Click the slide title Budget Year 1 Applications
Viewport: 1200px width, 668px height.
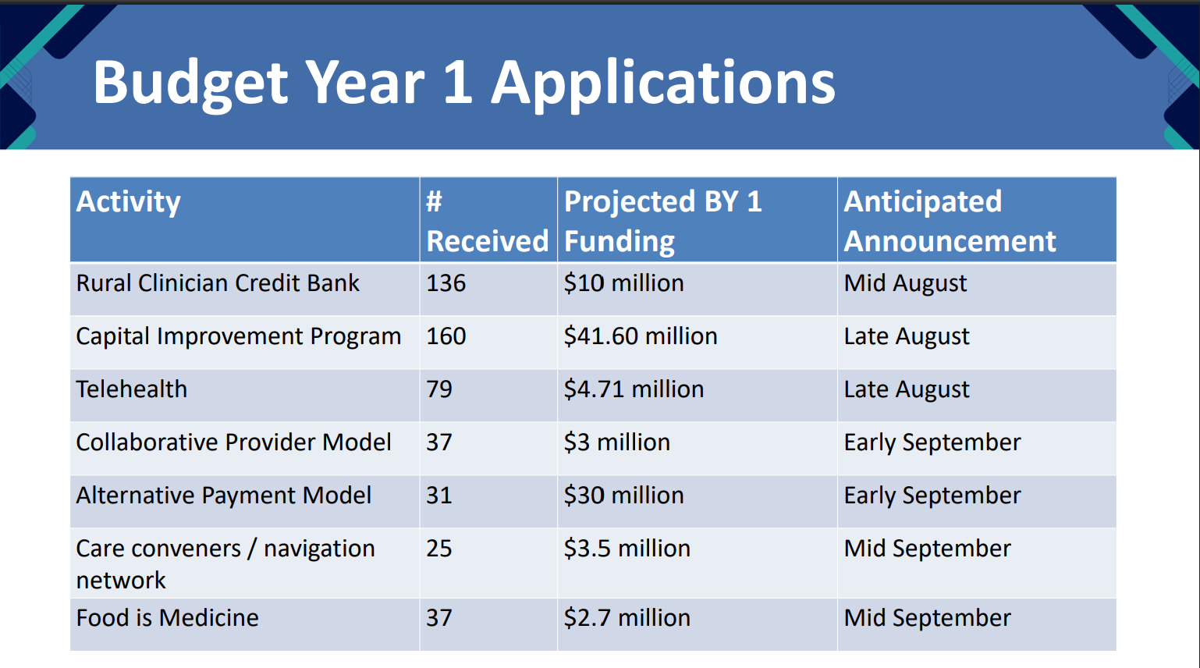(464, 83)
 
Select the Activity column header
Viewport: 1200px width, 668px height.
(128, 202)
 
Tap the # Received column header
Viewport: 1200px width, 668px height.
(487, 221)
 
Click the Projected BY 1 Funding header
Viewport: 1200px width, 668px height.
(662, 221)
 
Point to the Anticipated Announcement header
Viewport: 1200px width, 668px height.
(950, 221)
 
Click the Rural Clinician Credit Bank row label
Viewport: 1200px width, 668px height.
(218, 282)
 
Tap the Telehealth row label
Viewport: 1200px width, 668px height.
(132, 389)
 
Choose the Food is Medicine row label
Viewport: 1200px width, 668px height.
(167, 617)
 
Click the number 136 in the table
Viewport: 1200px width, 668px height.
(446, 282)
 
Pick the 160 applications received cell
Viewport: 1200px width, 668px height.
(446, 336)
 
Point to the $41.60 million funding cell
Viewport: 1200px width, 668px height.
(640, 336)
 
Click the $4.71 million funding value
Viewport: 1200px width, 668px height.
(634, 389)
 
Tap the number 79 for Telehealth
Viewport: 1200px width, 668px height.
(438, 389)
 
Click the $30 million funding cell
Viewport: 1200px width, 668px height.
(623, 496)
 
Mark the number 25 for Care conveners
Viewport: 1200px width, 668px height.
(438, 549)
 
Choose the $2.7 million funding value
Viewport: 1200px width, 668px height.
(627, 618)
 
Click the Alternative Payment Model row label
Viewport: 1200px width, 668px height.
(223, 496)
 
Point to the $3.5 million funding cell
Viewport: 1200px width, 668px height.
(627, 549)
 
